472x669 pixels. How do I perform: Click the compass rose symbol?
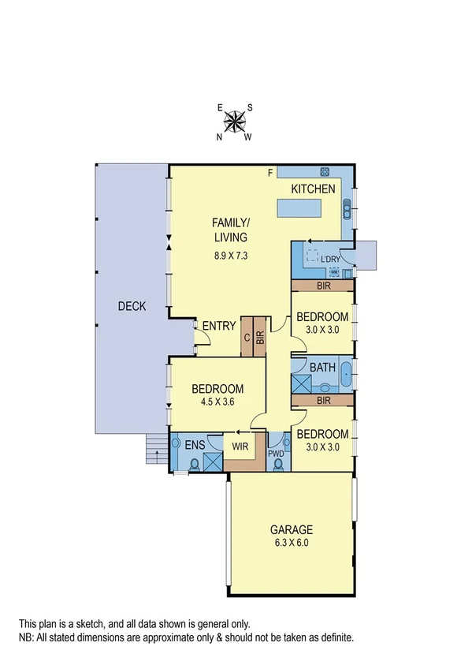tap(235, 121)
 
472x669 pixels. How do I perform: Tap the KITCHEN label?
tap(314, 189)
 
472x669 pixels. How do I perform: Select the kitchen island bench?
tap(300, 208)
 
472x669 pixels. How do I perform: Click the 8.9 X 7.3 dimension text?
tap(230, 255)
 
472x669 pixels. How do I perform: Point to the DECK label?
tap(132, 306)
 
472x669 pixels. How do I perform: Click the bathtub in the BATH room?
tap(345, 378)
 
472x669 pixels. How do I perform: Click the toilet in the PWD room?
tap(277, 463)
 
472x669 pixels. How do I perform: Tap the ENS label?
tap(195, 445)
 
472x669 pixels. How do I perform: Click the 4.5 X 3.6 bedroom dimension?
tap(217, 402)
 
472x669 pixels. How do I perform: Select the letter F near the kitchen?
tap(270, 173)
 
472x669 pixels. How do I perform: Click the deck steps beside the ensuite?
tap(156, 452)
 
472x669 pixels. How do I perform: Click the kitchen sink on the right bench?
tap(347, 209)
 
